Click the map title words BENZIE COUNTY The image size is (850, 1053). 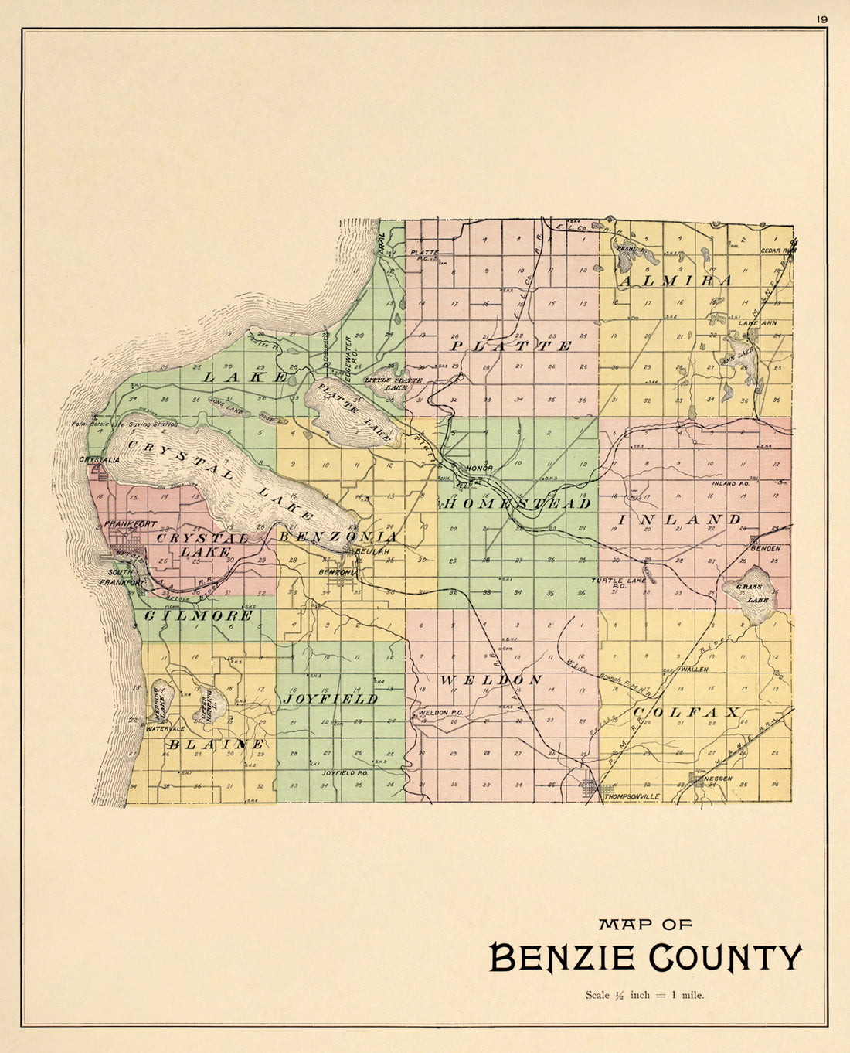646,957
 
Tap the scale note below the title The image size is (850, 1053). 644,995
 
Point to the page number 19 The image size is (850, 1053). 821,19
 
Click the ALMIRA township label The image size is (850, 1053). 675,280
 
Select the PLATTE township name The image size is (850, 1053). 512,346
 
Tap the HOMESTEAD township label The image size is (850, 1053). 518,503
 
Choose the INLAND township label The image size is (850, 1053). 679,519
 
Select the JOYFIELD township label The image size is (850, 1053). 330,698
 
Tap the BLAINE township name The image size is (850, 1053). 216,744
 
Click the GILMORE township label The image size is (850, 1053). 199,615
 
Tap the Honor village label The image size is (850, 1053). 478,469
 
